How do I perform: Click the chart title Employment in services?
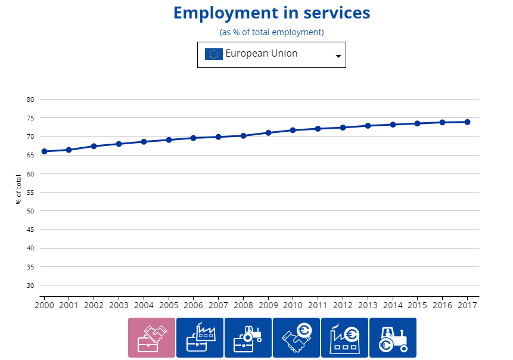click(272, 13)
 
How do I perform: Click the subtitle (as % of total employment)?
click(272, 32)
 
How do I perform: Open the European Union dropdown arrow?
click(338, 55)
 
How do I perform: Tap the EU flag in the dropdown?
click(214, 54)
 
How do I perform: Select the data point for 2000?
click(44, 151)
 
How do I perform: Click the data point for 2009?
click(268, 133)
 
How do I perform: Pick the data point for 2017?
click(467, 122)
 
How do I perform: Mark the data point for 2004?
click(144, 142)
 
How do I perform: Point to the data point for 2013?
click(368, 126)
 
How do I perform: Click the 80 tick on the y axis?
click(30, 100)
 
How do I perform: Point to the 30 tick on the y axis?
click(30, 285)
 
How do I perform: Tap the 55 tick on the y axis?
click(30, 193)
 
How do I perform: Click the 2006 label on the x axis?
click(193, 305)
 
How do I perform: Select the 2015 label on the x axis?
click(417, 305)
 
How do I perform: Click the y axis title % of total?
click(19, 190)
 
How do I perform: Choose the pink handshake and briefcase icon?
click(151, 337)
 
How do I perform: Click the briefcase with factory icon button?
click(200, 337)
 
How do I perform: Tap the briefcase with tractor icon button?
click(248, 337)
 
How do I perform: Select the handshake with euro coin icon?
click(296, 337)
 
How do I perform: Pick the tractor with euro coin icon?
click(393, 337)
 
